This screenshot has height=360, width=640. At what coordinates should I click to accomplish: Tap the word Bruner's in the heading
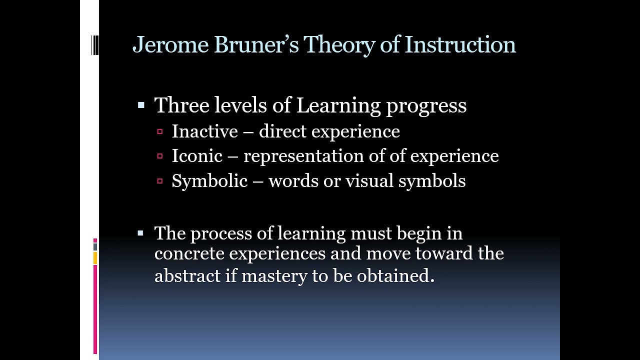tap(256, 44)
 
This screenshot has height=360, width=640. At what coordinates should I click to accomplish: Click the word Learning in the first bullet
tap(338, 105)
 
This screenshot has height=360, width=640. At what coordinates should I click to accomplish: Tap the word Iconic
tap(197, 156)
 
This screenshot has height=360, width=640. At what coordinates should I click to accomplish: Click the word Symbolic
tap(209, 181)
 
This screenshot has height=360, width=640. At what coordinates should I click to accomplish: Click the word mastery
tap(274, 275)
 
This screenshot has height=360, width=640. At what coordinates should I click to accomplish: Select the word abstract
tap(187, 275)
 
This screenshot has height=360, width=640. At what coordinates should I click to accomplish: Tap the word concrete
tap(189, 253)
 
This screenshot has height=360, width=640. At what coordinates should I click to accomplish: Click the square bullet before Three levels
tap(141, 105)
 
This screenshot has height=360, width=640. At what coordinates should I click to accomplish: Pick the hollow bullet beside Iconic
tap(160, 156)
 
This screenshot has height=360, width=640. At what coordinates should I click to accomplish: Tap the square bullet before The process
tap(141, 233)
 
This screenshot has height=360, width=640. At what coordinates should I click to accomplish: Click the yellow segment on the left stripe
tap(95, 258)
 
